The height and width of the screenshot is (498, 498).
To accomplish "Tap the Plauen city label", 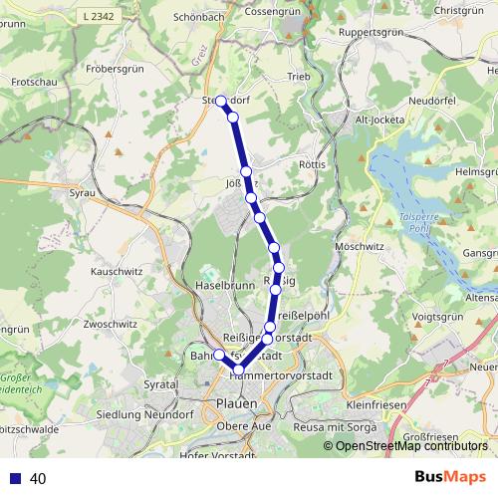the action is (236, 402).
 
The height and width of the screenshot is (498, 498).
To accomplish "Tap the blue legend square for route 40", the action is (15, 478).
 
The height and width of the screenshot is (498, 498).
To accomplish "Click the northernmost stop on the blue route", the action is (220, 102).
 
